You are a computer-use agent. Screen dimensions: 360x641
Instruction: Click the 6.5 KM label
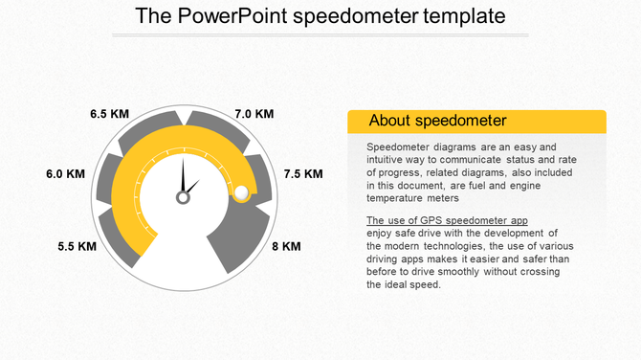pos(109,114)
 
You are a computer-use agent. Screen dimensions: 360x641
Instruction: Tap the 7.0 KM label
pos(254,114)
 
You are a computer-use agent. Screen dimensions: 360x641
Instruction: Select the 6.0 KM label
pos(66,174)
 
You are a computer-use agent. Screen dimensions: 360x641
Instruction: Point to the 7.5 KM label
pos(303,174)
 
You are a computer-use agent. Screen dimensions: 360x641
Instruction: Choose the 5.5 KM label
pos(77,246)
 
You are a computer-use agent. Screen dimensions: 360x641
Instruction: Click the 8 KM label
pos(286,246)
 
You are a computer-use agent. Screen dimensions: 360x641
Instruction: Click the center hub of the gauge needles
pos(183,197)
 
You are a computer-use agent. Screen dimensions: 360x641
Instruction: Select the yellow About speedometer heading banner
pos(475,121)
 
